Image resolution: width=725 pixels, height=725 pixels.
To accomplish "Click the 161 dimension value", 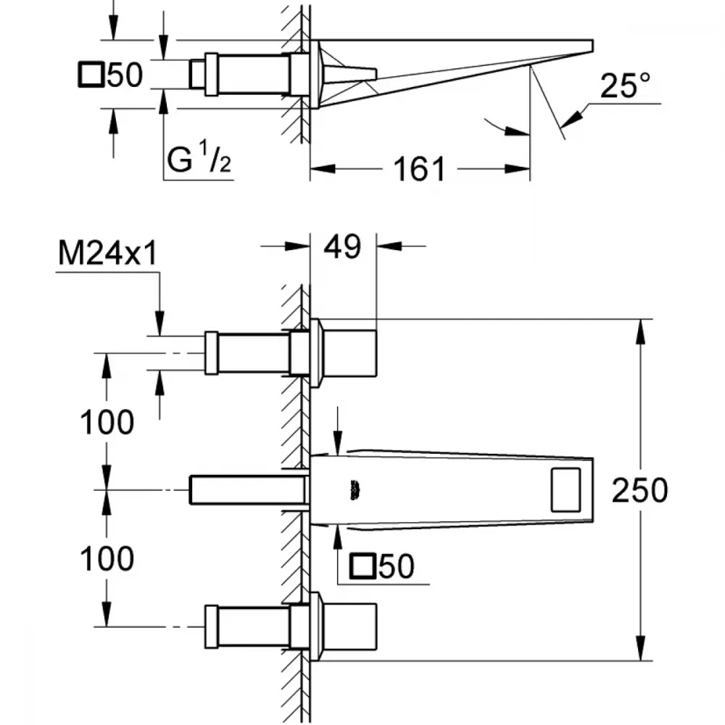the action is [x=419, y=168].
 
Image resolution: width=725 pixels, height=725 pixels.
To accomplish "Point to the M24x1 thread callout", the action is [x=108, y=253].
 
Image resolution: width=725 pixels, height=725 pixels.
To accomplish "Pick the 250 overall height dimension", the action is [x=640, y=490].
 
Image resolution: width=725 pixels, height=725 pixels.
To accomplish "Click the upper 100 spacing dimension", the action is [x=107, y=422].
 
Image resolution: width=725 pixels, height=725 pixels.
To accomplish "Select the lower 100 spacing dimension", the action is [x=107, y=558].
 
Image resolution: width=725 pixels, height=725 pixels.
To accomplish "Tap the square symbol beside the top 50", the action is [x=91, y=74].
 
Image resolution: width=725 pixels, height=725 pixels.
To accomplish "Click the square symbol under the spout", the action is [x=362, y=566].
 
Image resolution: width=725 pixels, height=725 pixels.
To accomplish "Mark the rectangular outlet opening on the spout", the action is [x=565, y=490].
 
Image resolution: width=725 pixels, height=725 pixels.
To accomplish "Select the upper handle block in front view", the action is [x=350, y=353].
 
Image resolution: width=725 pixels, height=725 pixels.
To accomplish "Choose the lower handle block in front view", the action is [x=350, y=626].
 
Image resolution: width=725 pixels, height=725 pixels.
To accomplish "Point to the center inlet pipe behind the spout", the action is [x=248, y=489].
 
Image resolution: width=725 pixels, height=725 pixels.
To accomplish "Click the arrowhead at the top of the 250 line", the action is [x=640, y=331].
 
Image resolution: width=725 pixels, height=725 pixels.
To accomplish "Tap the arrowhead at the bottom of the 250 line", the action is [x=640, y=648].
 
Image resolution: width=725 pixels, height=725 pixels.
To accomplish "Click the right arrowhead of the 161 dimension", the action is [x=518, y=169].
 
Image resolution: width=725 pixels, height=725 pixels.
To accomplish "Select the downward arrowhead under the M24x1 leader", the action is [x=159, y=323].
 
